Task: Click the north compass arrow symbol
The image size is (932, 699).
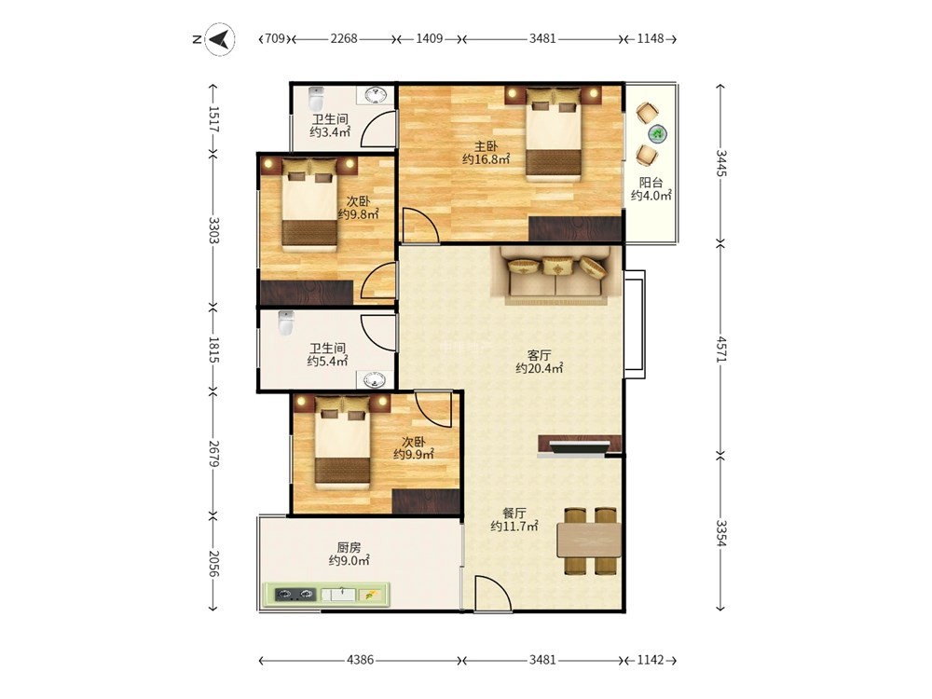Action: click(219, 39)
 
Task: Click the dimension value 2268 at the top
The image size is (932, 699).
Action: click(344, 38)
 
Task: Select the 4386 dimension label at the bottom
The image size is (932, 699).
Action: click(360, 660)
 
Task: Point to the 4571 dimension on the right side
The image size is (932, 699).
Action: click(721, 349)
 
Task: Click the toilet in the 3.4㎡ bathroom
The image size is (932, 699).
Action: click(316, 98)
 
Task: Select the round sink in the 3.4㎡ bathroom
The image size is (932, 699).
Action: click(375, 95)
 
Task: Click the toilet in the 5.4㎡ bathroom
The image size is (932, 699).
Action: click(286, 322)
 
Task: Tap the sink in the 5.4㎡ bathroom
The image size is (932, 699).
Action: click(375, 380)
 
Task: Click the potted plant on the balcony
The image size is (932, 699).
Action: click(657, 134)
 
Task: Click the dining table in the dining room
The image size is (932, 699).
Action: click(588, 540)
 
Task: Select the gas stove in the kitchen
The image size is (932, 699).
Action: click(295, 594)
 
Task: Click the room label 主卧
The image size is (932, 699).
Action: click(486, 146)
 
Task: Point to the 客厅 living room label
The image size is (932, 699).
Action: click(539, 355)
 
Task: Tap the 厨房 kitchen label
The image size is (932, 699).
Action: click(349, 547)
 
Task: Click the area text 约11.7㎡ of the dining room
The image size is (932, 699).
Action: click(514, 526)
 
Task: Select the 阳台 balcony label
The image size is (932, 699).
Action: click(651, 183)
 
